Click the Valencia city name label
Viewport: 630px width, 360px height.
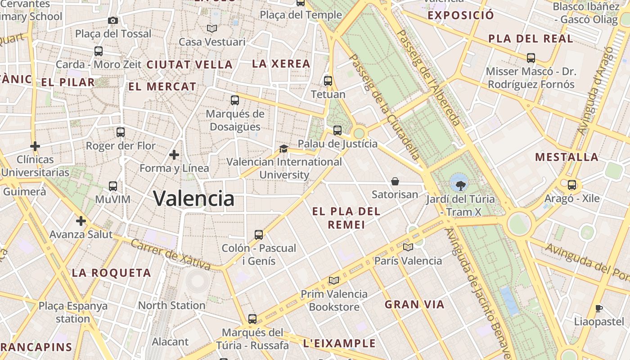coord(193,198)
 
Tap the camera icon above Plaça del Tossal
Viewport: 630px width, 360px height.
coord(113,20)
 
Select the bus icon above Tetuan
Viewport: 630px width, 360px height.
coord(328,81)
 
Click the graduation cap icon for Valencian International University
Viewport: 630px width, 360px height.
coord(283,148)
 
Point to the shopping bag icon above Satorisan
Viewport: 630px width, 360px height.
coord(395,181)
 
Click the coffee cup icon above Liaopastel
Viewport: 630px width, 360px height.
coord(598,308)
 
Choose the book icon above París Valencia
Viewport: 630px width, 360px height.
coord(408,247)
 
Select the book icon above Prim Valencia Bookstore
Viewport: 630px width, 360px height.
coord(333,280)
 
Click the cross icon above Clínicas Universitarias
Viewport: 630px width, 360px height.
coord(35,146)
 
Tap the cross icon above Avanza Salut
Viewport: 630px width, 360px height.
coord(81,221)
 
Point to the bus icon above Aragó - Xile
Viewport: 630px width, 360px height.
coord(572,185)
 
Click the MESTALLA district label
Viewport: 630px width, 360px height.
coord(567,157)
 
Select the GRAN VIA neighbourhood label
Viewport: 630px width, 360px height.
coord(414,305)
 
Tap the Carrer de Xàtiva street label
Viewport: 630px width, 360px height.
coord(171,255)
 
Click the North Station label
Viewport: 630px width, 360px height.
coord(171,305)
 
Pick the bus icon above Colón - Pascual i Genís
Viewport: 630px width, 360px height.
coord(259,234)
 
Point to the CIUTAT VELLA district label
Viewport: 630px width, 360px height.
coord(189,64)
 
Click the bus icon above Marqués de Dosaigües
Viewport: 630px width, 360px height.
coord(234,100)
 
